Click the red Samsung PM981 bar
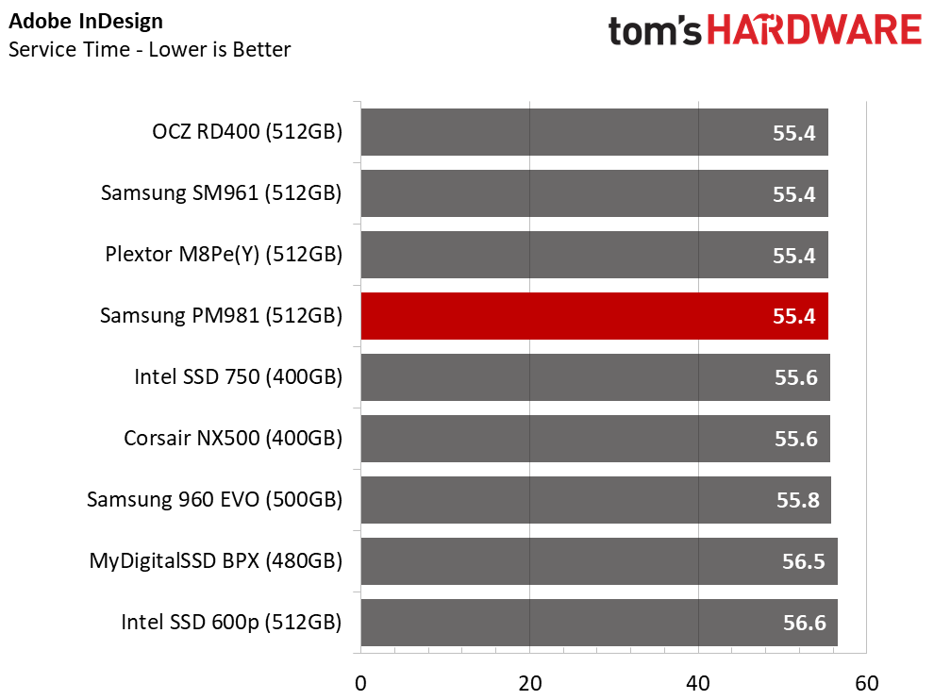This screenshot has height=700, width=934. tap(594, 316)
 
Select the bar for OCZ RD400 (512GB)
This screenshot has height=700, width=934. tap(594, 132)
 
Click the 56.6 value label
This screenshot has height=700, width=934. tap(804, 623)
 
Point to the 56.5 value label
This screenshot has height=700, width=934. tap(804, 561)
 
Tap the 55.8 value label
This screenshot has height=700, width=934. tap(797, 500)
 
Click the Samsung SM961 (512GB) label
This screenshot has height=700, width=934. tap(221, 193)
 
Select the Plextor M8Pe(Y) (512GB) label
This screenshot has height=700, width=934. tap(224, 255)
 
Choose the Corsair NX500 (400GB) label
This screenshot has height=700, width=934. tap(233, 439)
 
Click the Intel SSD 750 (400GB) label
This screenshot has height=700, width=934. tap(238, 377)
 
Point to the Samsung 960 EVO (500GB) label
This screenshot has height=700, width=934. tap(214, 500)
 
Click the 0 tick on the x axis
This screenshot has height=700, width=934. tap(360, 683)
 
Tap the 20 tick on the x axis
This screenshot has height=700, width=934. tap(529, 683)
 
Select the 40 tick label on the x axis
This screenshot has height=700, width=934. tap(698, 683)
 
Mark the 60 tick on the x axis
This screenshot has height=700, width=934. tap(866, 683)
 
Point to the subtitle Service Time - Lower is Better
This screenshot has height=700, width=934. tap(150, 49)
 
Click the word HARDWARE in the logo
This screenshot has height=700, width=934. tap(814, 30)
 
